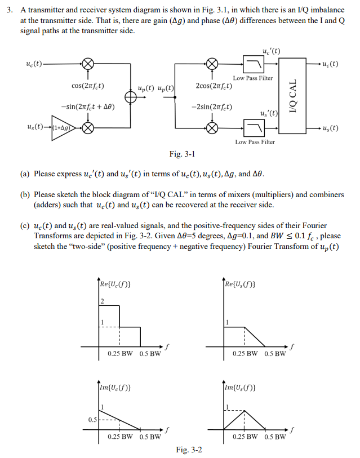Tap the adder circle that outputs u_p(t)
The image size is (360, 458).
point(130,96)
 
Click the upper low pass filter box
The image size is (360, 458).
point(252,63)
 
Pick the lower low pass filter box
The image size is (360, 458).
point(252,128)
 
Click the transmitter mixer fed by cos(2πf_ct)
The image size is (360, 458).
point(87,63)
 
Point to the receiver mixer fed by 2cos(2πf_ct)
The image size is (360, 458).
point(212,63)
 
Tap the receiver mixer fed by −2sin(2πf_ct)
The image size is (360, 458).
point(212,128)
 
